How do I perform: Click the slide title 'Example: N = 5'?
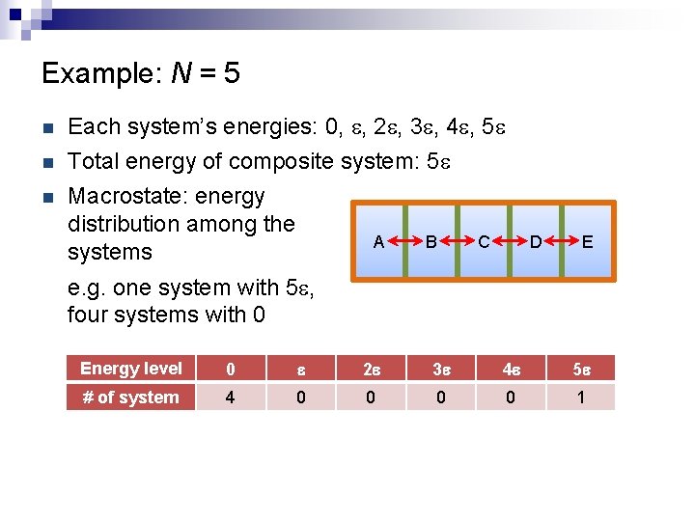(x=141, y=73)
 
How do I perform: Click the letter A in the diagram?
(x=379, y=241)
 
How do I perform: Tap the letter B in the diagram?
(x=431, y=241)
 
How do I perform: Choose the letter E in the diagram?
(x=587, y=241)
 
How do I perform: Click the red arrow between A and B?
(x=405, y=241)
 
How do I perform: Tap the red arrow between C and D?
(x=510, y=241)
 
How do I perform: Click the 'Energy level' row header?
(x=131, y=369)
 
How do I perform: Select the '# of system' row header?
(x=131, y=398)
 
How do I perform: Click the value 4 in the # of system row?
(x=231, y=398)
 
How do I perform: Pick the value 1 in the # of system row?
(x=580, y=398)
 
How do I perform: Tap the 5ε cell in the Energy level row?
(x=580, y=369)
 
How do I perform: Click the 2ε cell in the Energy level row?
(x=371, y=369)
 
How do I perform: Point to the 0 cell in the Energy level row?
(x=231, y=369)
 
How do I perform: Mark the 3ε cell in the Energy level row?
(x=441, y=369)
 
